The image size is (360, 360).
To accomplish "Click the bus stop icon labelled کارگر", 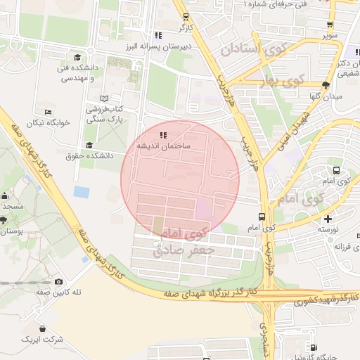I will (185, 17).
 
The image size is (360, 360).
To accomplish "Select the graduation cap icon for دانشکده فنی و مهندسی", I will (77, 58).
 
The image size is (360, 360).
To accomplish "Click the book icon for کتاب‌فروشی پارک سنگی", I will (105, 99).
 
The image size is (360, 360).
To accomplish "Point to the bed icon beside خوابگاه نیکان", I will (48, 112).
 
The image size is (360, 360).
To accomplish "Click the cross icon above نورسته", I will (327, 217).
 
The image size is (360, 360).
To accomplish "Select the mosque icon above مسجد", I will (4, 196).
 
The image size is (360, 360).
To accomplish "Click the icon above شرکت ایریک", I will (43, 328).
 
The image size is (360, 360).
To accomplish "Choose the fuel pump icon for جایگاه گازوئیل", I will (313, 347).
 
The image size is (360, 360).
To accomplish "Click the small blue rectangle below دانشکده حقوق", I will (82, 191).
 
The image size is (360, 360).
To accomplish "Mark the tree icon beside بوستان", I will (4, 220).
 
